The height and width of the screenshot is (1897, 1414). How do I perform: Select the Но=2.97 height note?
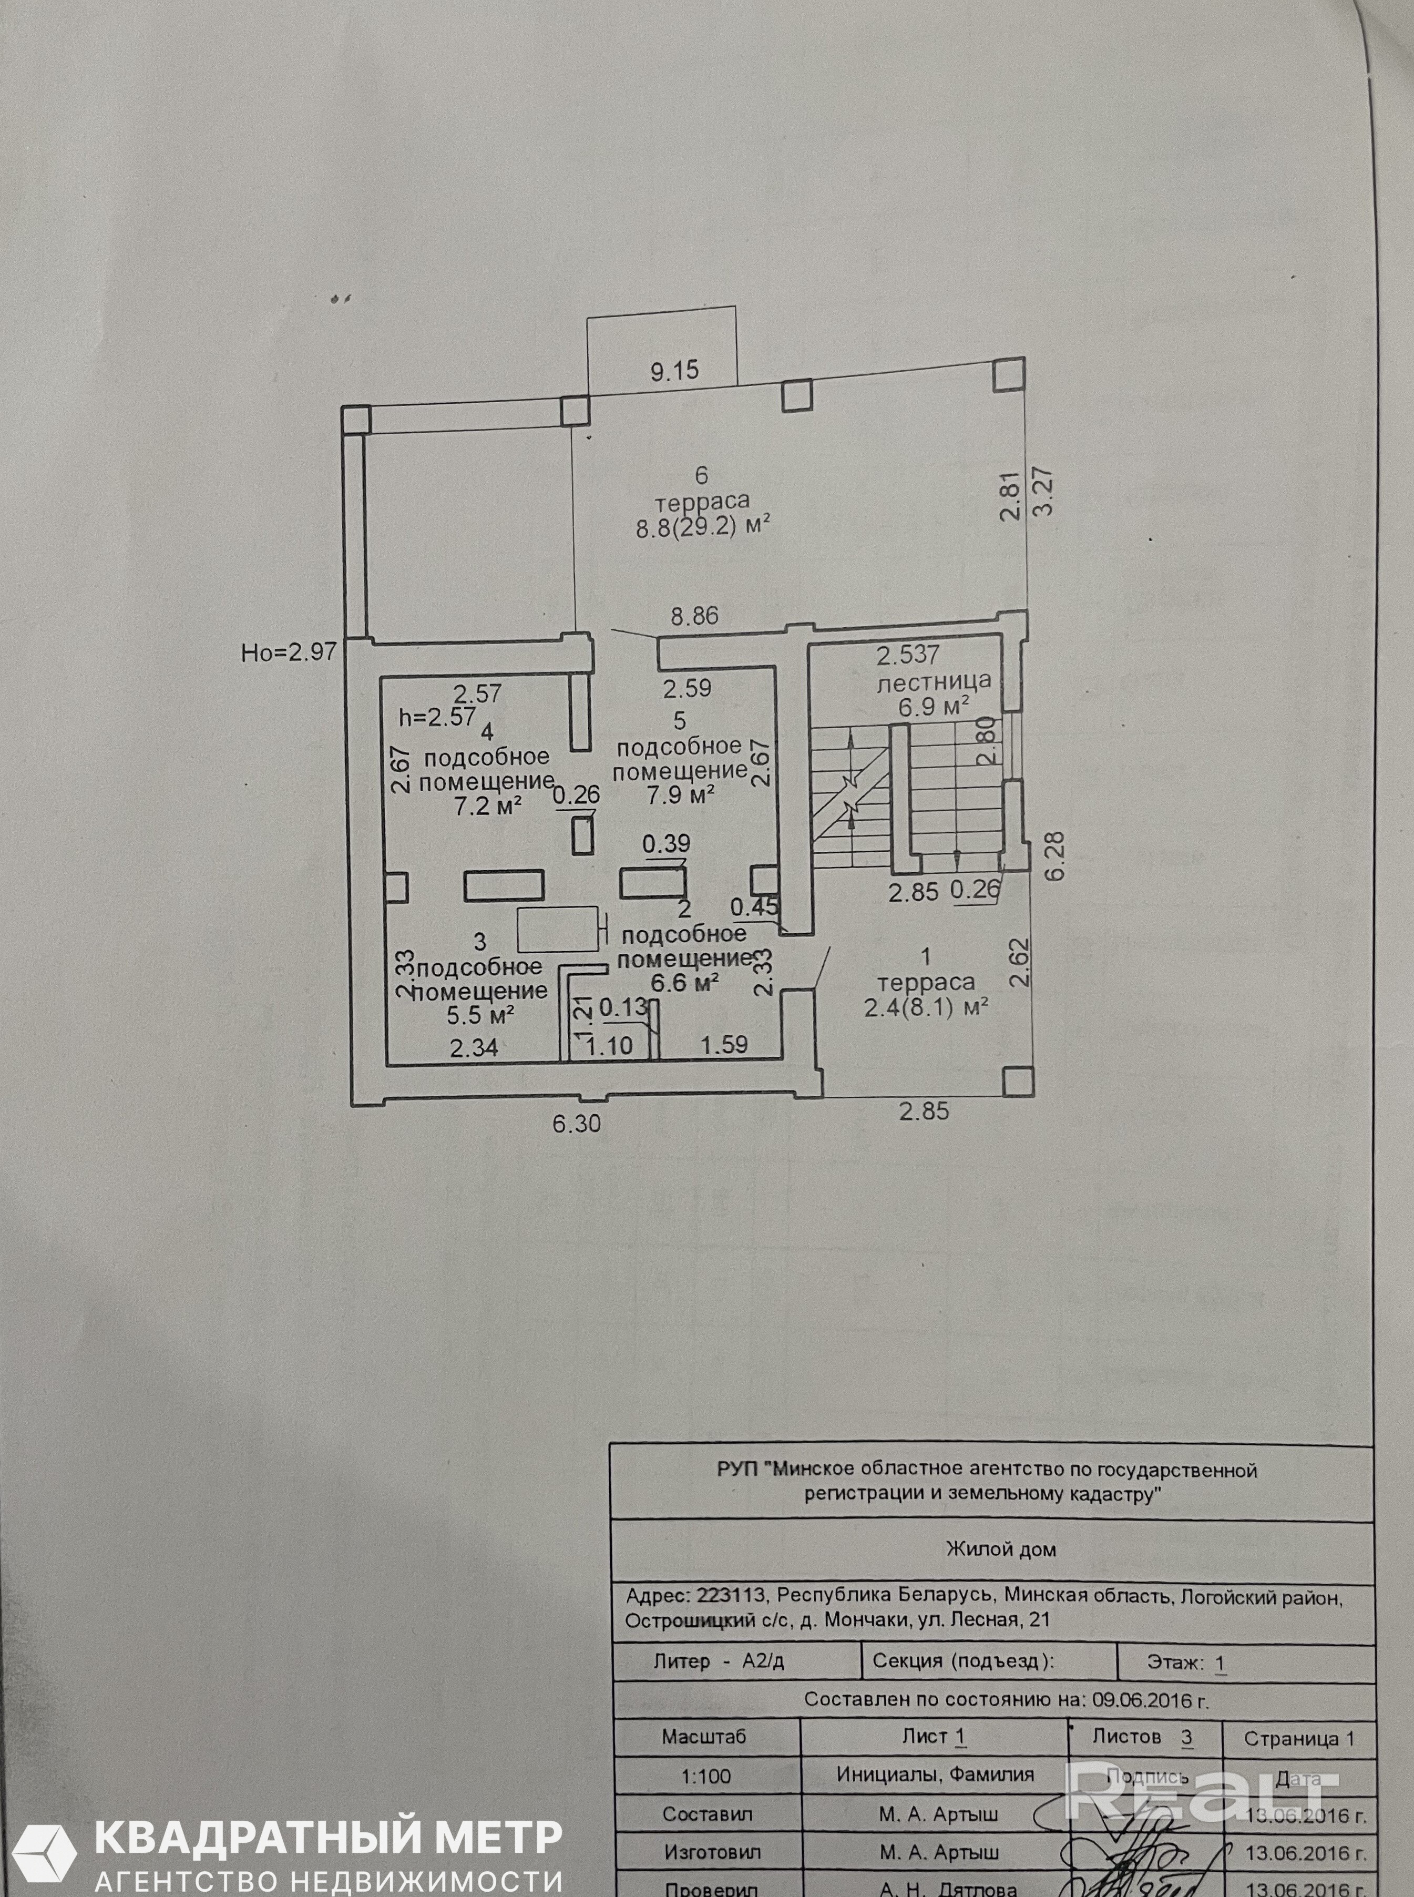click(289, 653)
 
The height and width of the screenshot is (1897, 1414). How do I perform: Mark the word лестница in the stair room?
click(934, 681)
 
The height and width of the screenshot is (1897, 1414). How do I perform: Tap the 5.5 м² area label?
click(479, 1015)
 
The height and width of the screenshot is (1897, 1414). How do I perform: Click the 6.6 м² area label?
click(684, 983)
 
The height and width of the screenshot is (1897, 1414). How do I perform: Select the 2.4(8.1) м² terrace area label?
click(926, 1007)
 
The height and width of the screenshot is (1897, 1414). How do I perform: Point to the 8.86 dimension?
click(694, 616)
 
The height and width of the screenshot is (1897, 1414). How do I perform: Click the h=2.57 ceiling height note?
click(437, 717)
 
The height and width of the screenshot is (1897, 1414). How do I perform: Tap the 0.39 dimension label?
click(666, 843)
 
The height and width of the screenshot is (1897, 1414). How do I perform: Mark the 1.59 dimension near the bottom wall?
click(724, 1044)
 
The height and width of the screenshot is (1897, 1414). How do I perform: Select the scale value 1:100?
click(705, 1776)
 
